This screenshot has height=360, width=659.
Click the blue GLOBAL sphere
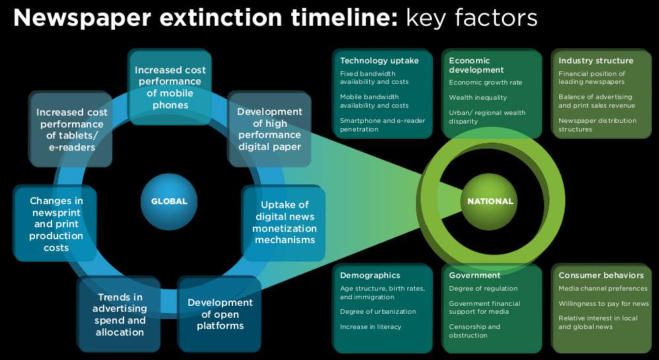coord(169,201)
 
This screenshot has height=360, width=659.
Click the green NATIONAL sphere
coord(489,201)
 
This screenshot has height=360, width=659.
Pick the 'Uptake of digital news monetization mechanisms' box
coord(284,223)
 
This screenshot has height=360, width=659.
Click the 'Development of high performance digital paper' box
coord(269,129)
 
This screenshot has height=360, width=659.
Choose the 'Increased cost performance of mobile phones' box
coord(170,87)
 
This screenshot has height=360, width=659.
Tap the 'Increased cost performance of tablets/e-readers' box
coord(71,129)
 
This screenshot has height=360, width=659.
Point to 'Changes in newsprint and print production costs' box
coord(55,223)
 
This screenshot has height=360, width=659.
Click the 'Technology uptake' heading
coord(380,61)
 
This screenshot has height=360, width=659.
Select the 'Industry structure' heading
coord(596,61)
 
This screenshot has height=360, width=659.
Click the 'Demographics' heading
coord(370,275)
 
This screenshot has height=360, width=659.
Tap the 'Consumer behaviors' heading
coord(601,275)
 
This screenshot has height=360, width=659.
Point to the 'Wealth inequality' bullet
coord(478,98)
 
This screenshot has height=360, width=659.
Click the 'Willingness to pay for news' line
coord(604,304)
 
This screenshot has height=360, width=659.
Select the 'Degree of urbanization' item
coord(378,312)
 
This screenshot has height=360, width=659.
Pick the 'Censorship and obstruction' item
coord(475,331)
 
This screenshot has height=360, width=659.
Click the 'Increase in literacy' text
coord(370,327)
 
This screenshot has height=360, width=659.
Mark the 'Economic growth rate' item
coord(485,83)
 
